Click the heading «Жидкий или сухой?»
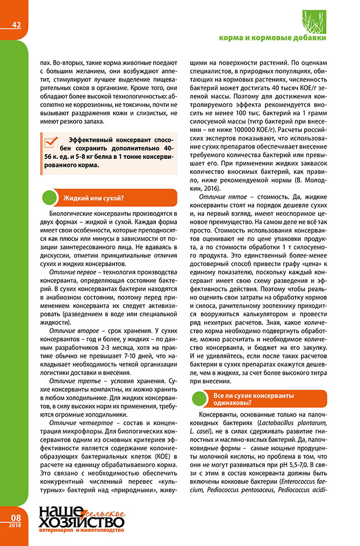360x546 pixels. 94,198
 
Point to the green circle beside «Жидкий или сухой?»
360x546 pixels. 51,198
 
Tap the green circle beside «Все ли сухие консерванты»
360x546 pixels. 200,399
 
